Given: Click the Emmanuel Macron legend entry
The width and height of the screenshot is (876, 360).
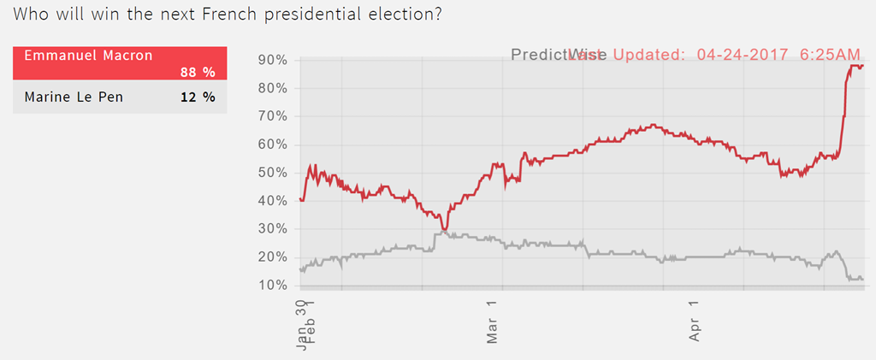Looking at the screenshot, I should (x=88, y=56).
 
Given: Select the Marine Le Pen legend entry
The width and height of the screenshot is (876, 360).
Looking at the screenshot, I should (x=74, y=97).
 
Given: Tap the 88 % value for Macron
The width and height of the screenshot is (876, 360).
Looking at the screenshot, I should (x=198, y=72).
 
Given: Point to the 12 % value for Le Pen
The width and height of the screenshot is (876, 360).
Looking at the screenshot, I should (x=198, y=97).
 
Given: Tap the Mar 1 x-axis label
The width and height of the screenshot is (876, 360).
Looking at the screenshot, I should (x=493, y=322).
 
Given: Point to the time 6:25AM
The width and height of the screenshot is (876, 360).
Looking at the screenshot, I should (x=830, y=55).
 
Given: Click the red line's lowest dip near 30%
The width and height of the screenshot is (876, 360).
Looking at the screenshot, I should (x=444, y=229).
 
